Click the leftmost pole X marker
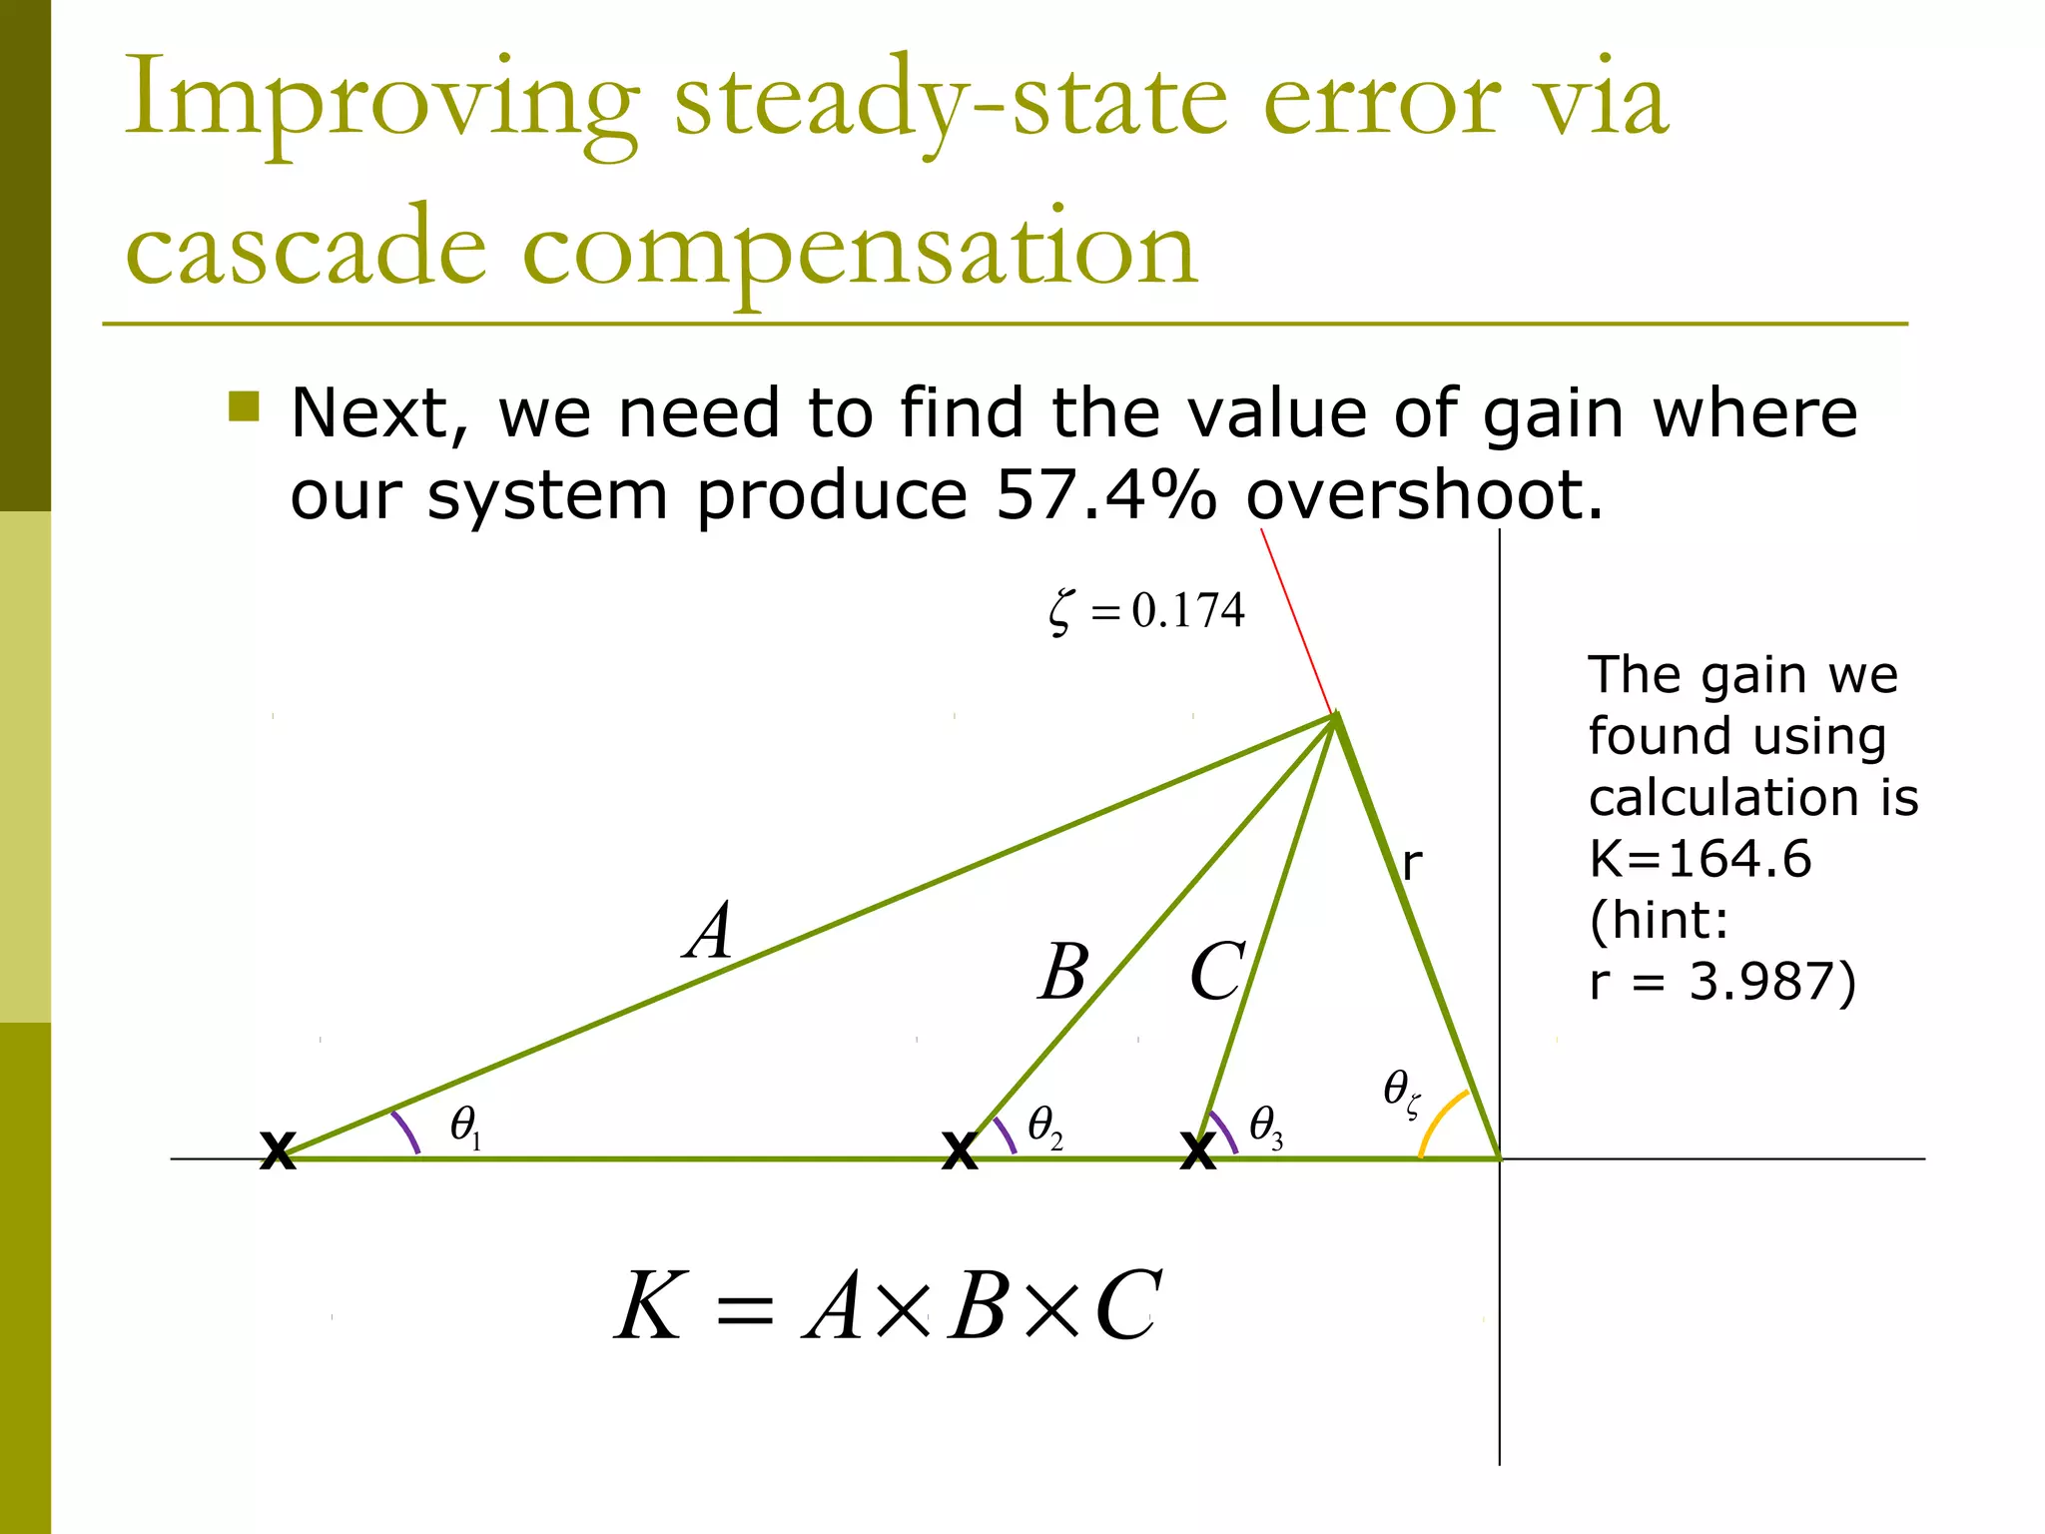pyautogui.click(x=278, y=1150)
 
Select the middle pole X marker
pyautogui.click(x=960, y=1150)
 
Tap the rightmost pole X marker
pyautogui.click(x=1197, y=1150)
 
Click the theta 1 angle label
pyautogui.click(x=465, y=1127)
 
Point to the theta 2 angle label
pyautogui.click(x=1044, y=1127)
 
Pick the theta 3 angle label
pyautogui.click(x=1265, y=1127)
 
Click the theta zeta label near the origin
pyautogui.click(x=1401, y=1093)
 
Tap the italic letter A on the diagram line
pyautogui.click(x=710, y=931)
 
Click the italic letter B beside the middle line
pyautogui.click(x=1063, y=972)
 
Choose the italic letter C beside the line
pyautogui.click(x=1216, y=972)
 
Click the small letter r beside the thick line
pyautogui.click(x=1411, y=863)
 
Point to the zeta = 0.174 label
pyautogui.click(x=1147, y=610)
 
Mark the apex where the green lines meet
pyautogui.click(x=1335, y=715)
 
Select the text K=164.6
pyautogui.click(x=1700, y=859)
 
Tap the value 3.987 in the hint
pyautogui.click(x=1761, y=982)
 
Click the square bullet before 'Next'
pyautogui.click(x=244, y=406)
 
